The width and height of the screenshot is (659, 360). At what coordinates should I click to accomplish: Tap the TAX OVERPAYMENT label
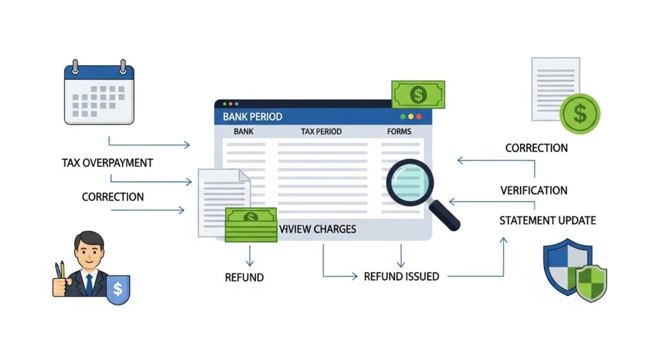coord(107,163)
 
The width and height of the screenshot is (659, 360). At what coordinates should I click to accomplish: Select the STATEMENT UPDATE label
coord(548,221)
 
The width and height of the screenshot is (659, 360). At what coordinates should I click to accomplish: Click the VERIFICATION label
coord(534,191)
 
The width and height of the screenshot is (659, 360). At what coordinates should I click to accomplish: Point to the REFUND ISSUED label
coord(402,276)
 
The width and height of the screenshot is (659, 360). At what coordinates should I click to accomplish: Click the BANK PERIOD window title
coord(252,117)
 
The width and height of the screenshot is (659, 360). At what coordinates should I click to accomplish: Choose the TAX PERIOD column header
coord(321,132)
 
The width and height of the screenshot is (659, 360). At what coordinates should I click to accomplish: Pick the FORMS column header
coord(399,132)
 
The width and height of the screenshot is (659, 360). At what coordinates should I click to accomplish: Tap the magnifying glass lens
coord(410,182)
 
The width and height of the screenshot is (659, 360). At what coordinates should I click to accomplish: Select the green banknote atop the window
coord(418,95)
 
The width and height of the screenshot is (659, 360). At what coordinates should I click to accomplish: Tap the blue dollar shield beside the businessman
coord(117,289)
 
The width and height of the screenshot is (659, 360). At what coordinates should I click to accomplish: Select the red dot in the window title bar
coord(419,117)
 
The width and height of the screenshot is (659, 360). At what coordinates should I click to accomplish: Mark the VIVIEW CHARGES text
coord(318,229)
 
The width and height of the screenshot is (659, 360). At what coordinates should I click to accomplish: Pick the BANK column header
coord(244,132)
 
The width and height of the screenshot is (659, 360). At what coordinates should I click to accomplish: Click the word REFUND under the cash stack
coord(244,278)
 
